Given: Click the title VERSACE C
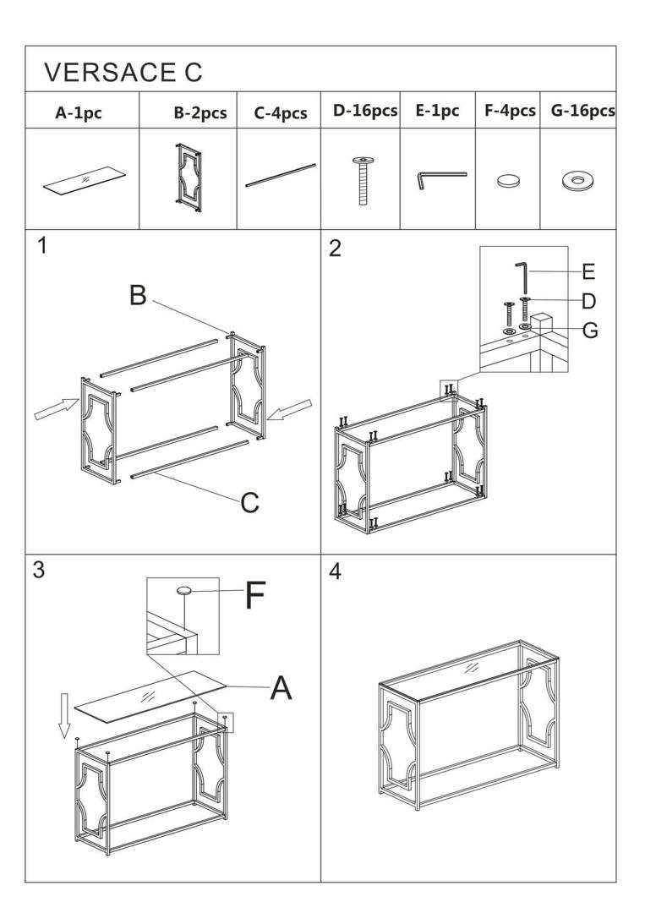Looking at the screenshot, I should pyautogui.click(x=123, y=72).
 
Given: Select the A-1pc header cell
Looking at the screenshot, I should pyautogui.click(x=79, y=112).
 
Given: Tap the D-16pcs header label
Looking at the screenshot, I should pyautogui.click(x=364, y=111).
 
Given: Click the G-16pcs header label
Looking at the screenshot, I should pyautogui.click(x=577, y=111).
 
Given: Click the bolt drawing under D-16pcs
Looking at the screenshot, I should pyautogui.click(x=362, y=181).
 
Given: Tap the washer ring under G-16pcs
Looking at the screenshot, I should pyautogui.click(x=577, y=180).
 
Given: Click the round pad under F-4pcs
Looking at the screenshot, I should pyautogui.click(x=508, y=180).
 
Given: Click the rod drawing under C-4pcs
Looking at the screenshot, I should pyautogui.click(x=281, y=175).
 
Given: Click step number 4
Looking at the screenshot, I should pyautogui.click(x=335, y=572).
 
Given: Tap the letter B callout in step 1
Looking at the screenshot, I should pyautogui.click(x=138, y=296).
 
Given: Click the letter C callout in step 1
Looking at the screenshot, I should pyautogui.click(x=249, y=503).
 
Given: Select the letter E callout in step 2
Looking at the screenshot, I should pyautogui.click(x=588, y=271).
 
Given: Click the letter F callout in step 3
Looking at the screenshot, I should pyautogui.click(x=254, y=597).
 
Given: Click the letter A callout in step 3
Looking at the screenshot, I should pyautogui.click(x=282, y=688).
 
